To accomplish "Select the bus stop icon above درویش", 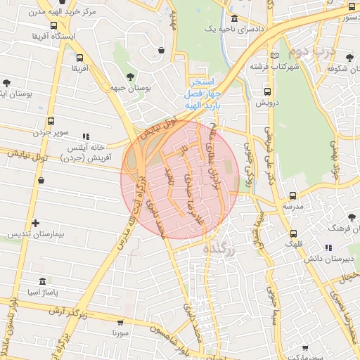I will (266, 91).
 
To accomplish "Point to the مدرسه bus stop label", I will (292, 207).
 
